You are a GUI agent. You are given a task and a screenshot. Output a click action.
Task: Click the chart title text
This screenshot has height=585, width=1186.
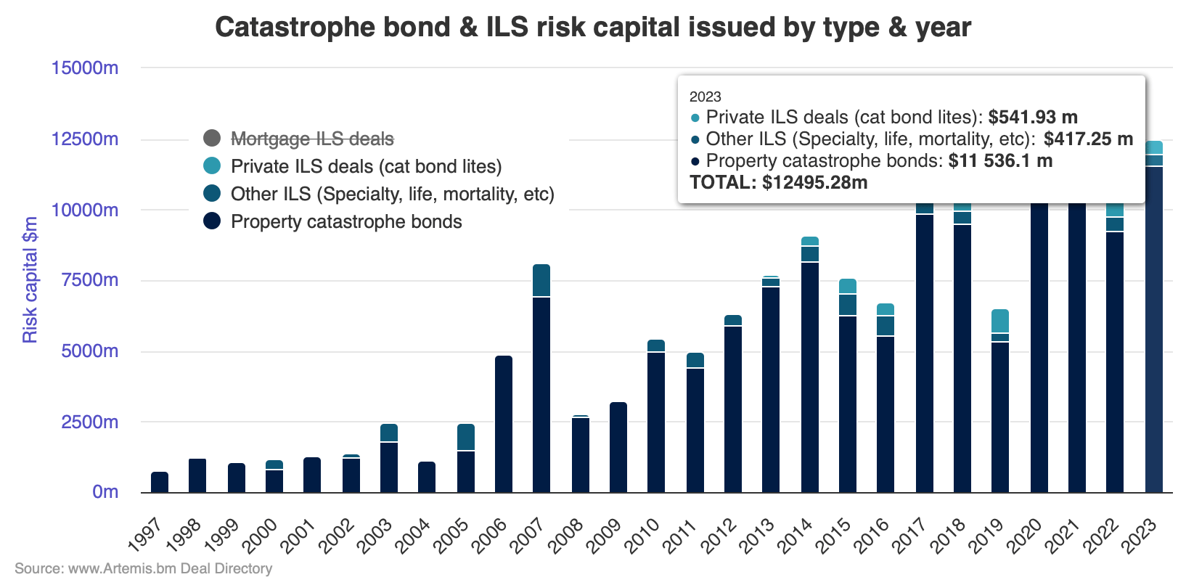click(592, 28)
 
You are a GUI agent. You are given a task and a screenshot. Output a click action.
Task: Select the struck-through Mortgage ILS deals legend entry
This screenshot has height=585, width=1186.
click(312, 139)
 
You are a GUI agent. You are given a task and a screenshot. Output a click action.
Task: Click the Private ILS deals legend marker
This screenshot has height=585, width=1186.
click(212, 166)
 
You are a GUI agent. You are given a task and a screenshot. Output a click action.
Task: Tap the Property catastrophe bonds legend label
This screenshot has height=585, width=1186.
click(346, 221)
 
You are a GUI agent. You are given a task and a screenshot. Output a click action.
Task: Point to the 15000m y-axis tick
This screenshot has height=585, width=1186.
click(84, 68)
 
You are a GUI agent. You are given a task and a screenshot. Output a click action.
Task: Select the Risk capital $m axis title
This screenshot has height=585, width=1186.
click(30, 280)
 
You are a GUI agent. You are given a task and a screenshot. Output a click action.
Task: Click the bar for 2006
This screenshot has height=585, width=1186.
click(504, 424)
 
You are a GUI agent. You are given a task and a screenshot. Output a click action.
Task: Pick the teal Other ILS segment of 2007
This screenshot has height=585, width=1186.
click(541, 281)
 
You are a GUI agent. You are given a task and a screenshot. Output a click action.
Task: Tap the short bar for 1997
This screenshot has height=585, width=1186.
click(160, 483)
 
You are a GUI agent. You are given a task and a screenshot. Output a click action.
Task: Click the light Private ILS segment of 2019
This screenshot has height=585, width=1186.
click(1000, 321)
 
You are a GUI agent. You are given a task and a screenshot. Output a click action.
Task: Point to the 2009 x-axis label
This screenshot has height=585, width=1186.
click(604, 536)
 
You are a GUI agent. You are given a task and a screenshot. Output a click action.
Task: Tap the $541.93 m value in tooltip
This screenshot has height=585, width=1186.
click(1032, 117)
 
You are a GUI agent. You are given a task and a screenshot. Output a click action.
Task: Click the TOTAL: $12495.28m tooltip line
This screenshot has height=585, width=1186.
click(778, 182)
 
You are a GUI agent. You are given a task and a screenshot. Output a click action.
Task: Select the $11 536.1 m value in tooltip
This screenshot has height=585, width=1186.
click(999, 160)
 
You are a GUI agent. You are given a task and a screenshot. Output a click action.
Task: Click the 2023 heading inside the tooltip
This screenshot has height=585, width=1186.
click(705, 97)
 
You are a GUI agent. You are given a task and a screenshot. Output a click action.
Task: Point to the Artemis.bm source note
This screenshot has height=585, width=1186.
click(143, 568)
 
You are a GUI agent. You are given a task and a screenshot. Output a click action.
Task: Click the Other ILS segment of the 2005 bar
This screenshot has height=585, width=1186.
click(466, 438)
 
